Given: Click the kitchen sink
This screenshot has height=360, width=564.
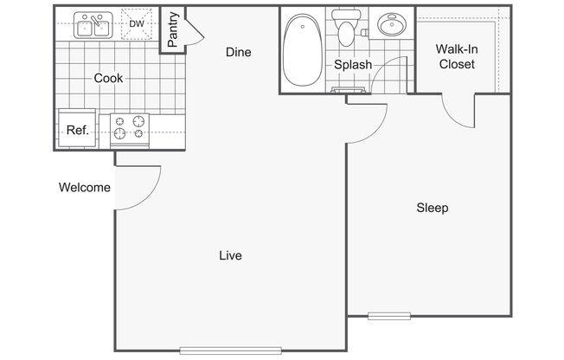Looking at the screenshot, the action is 93,25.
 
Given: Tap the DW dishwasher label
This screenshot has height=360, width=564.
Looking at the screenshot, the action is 137,24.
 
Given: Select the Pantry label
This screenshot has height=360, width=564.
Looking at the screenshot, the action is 173,29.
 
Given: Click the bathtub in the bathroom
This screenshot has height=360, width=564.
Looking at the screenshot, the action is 303,50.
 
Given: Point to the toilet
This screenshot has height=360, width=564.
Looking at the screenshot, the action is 346,28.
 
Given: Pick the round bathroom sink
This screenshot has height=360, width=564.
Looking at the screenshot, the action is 392,24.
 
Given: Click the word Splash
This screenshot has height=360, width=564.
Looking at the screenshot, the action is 353,65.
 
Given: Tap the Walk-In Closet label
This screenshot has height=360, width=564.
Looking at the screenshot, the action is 457,56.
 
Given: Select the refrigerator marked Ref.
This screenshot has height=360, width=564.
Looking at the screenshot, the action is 77,129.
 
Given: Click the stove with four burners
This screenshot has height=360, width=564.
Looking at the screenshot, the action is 130,131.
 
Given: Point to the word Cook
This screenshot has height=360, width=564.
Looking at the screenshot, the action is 108,78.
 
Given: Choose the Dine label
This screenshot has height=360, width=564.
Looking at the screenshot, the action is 239,52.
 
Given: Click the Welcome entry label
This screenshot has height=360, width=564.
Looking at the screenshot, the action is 85,187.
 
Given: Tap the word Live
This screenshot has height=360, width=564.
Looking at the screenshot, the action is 231,255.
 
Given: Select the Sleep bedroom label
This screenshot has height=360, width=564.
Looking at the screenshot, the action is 433,208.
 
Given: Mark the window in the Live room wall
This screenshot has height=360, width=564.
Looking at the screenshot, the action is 231,350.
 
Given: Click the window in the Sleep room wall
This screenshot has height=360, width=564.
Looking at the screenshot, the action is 389,316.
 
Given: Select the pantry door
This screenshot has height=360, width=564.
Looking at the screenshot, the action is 195,32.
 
